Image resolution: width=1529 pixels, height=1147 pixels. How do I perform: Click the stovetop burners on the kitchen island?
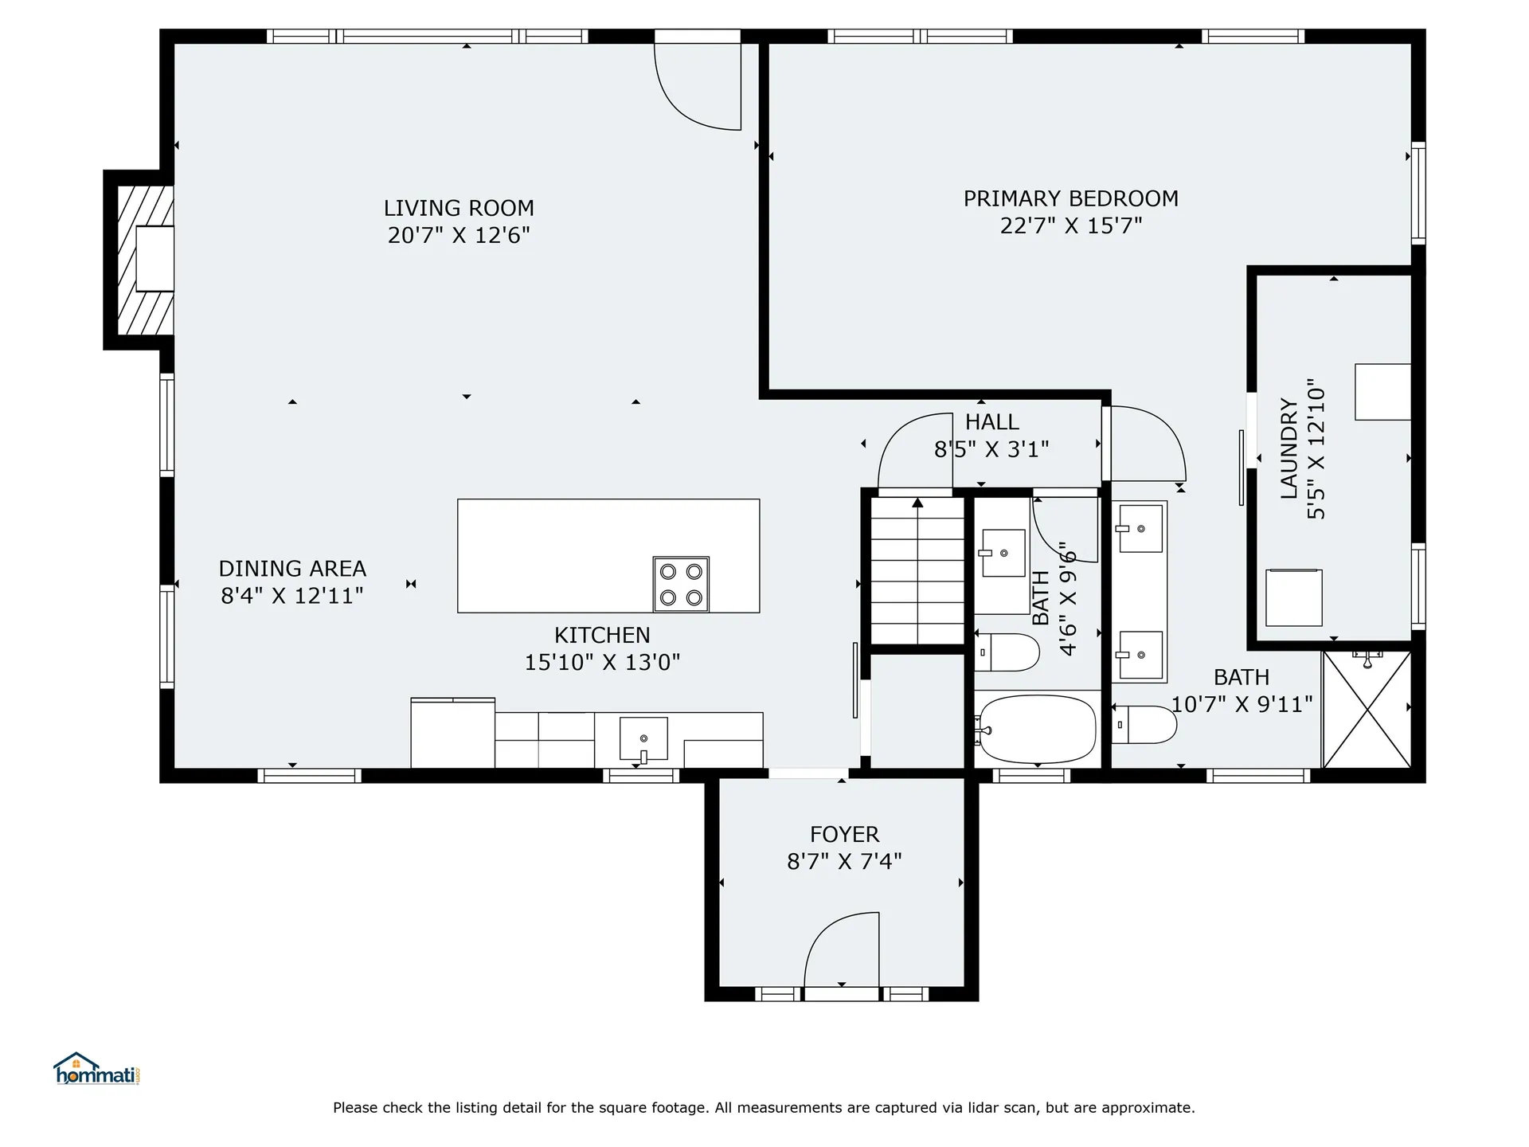pos(681,584)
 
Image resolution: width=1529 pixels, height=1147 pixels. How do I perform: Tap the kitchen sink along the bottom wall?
pos(643,738)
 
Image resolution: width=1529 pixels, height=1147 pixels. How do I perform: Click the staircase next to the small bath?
pos(917,570)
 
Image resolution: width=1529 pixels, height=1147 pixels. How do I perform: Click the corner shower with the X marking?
pos(1367,710)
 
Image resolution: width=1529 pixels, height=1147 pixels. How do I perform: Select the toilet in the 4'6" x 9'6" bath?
pos(1007,652)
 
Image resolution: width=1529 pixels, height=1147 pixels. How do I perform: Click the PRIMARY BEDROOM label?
pos(1070,198)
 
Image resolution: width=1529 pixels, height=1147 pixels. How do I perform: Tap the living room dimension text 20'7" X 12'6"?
pos(459,236)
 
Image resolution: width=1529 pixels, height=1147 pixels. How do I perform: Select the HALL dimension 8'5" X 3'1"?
pos(991,450)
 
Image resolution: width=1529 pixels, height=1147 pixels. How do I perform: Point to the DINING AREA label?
pos(292,569)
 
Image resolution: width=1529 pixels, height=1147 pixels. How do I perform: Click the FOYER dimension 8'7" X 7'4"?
pos(844,861)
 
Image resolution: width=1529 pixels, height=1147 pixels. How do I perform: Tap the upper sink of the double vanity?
pos(1140,528)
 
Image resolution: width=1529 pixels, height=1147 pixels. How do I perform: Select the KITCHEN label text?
pos(602,635)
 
